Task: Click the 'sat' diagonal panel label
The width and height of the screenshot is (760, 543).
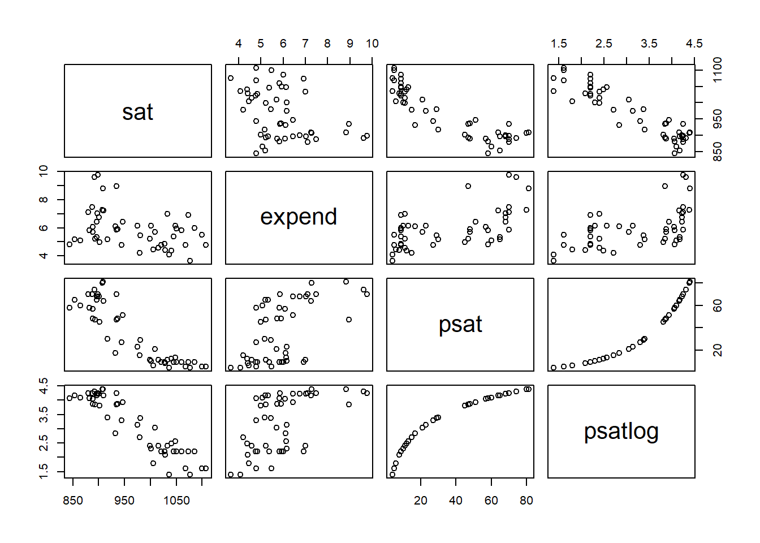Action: (x=137, y=112)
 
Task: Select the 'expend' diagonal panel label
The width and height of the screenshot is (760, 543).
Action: (x=299, y=217)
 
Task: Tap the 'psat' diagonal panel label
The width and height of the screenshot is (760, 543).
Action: (x=460, y=325)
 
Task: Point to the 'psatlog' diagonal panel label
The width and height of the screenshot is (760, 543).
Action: (x=621, y=432)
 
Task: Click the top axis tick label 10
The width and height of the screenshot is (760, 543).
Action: (x=372, y=44)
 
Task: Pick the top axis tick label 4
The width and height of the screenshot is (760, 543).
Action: (x=239, y=44)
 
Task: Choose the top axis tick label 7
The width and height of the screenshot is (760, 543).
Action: (x=305, y=44)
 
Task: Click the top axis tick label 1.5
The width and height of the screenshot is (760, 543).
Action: (x=559, y=44)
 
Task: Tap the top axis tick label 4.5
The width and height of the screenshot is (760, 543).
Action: (x=694, y=44)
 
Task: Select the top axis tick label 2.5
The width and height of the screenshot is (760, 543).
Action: (x=604, y=44)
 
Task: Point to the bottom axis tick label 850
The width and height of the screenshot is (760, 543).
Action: (x=73, y=501)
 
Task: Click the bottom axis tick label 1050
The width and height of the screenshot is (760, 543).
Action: (x=176, y=501)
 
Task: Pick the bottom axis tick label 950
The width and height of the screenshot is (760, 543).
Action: (x=124, y=501)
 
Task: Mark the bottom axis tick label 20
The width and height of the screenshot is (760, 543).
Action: (x=421, y=501)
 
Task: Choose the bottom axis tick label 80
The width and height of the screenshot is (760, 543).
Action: (x=526, y=501)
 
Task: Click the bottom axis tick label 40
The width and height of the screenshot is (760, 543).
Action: (x=456, y=501)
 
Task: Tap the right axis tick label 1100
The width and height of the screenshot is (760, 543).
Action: (x=718, y=70)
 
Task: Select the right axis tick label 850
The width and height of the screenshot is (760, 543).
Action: (x=718, y=151)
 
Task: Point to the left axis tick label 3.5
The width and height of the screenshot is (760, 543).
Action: (x=44, y=417)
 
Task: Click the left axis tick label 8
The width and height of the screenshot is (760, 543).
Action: (x=44, y=200)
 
